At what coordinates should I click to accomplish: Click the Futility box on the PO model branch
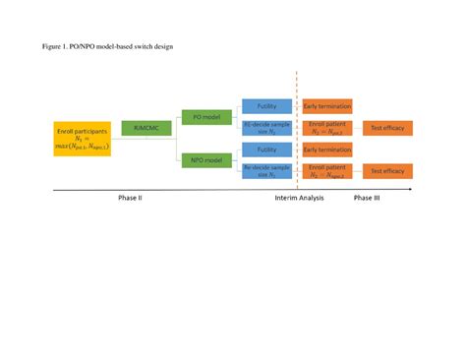[266, 106]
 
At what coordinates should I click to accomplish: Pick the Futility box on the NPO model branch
[266, 150]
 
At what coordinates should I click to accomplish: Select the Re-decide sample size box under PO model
[266, 128]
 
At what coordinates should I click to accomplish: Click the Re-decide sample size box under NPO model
[266, 171]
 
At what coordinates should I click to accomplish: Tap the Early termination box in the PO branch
[327, 106]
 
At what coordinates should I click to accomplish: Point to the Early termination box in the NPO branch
[327, 150]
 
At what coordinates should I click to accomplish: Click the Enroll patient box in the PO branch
[327, 128]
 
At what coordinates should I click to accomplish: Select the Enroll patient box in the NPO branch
[327, 171]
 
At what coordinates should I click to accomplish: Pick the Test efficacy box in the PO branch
[387, 128]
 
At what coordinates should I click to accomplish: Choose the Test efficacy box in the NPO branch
[387, 171]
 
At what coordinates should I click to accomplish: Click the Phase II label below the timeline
[130, 199]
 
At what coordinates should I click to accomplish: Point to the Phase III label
[368, 199]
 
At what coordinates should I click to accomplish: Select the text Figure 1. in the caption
[54, 46]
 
